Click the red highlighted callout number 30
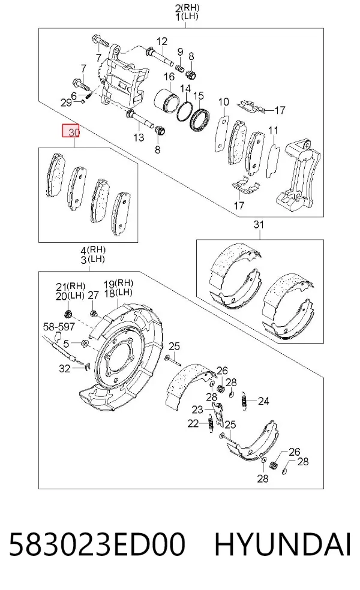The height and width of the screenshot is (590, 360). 71,131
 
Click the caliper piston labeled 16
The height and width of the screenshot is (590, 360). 166,101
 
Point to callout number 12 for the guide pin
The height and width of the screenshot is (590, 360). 162,41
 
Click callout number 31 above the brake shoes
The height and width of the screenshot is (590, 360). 259,225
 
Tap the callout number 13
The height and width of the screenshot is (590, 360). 139,137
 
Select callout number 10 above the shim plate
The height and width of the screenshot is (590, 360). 223,101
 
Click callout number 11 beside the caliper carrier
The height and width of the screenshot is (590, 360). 273,130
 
